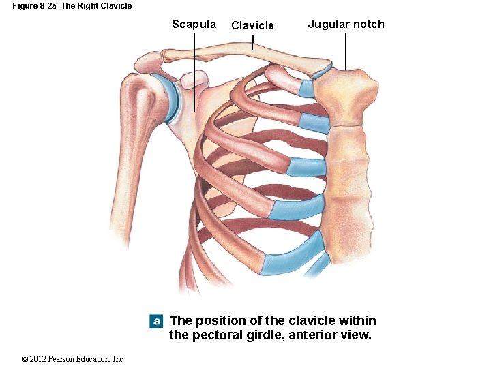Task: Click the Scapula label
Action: point(194,25)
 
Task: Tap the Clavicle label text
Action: point(252,26)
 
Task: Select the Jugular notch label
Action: point(346,25)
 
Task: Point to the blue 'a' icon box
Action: point(156,321)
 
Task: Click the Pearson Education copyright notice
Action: point(74,359)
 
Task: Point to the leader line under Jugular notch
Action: point(346,52)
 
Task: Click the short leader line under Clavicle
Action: point(252,44)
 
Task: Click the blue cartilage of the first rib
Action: point(307,89)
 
